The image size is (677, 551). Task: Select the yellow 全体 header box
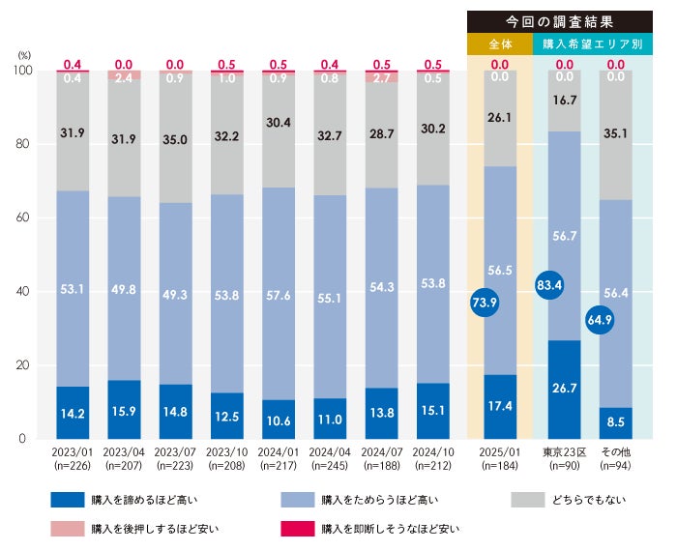pyautogui.click(x=499, y=43)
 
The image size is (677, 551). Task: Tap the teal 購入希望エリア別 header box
pyautogui.click(x=592, y=43)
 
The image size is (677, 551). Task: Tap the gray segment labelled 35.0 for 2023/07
pyautogui.click(x=176, y=139)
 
